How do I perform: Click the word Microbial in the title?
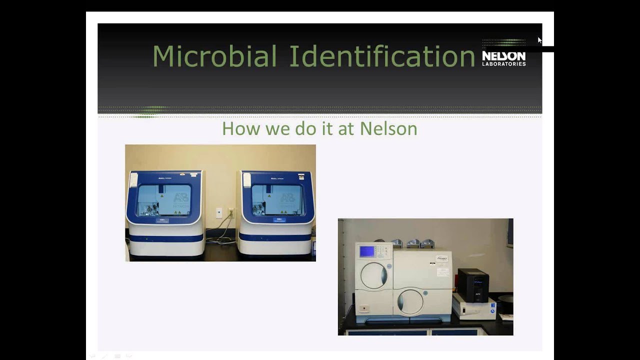(x=214, y=56)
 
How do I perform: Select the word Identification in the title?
(x=382, y=56)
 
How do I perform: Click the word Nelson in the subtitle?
(x=388, y=128)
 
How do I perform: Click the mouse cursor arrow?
(x=539, y=40)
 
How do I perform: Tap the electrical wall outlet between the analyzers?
(x=230, y=212)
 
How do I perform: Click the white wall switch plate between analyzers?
(x=219, y=212)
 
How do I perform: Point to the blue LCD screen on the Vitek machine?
(x=367, y=251)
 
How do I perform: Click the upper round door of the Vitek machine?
(x=374, y=275)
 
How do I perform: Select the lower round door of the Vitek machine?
(x=410, y=301)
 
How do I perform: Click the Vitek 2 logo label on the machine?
(x=442, y=259)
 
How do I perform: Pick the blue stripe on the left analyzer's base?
(x=166, y=238)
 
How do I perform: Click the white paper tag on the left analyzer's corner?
(x=133, y=179)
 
